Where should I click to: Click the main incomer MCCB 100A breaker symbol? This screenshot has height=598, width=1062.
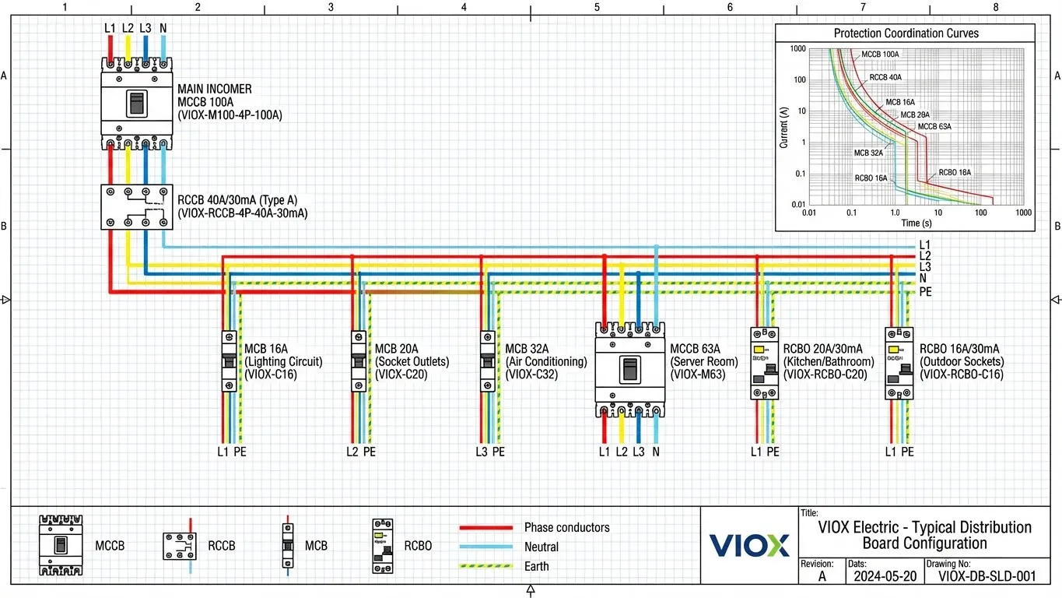[136, 103]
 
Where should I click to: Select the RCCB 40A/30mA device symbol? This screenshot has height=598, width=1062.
[136, 206]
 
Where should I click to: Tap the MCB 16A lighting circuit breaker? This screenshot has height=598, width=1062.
[229, 361]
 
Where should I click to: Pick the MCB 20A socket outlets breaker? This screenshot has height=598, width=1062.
[358, 361]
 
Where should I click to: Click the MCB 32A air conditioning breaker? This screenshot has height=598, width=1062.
[488, 361]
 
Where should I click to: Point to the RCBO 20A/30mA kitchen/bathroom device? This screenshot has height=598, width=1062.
[764, 363]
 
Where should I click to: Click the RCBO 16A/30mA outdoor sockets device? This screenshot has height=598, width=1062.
[899, 363]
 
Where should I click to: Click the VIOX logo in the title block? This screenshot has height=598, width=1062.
[748, 545]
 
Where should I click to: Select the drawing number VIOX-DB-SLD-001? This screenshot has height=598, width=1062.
[987, 577]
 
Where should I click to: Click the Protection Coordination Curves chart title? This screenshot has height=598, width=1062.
[906, 33]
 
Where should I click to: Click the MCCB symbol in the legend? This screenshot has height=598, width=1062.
[61, 545]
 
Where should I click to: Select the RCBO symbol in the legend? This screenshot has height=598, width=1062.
[382, 546]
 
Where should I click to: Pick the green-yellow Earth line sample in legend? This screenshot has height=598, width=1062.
[485, 566]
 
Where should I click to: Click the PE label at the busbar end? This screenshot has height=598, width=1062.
[925, 292]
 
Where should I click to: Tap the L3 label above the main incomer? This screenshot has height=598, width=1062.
[145, 29]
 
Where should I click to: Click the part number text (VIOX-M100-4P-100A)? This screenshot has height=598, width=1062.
[230, 115]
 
